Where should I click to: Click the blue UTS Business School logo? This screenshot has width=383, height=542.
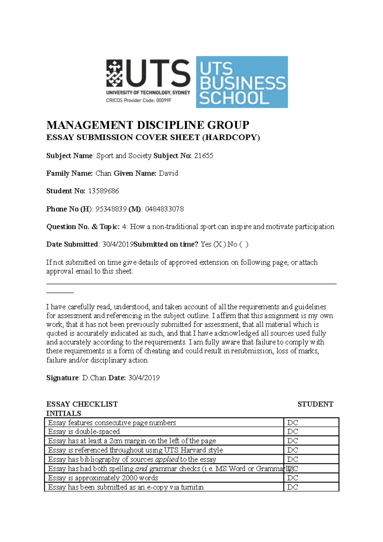tap(242, 82)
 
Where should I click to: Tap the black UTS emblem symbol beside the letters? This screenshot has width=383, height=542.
tap(114, 73)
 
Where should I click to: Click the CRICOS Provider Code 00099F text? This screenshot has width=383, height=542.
tap(139, 100)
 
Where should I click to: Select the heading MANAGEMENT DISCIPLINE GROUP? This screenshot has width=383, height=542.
tap(147, 125)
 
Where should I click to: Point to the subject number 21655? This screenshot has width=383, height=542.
tap(204, 156)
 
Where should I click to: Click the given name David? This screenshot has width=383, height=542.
tap(168, 173)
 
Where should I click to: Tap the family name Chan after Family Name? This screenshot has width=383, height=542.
tap(103, 173)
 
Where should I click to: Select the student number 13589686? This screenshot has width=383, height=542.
tap(103, 191)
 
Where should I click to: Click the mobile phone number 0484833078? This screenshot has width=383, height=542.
tap(164, 209)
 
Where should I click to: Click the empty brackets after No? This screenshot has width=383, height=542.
tap(244, 245)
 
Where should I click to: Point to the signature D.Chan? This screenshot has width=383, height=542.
tap(94, 378)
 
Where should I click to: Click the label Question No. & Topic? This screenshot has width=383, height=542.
tap(83, 227)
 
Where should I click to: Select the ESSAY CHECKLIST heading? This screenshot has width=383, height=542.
tap(82, 404)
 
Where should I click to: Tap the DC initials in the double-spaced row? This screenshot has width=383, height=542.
tap(292, 432)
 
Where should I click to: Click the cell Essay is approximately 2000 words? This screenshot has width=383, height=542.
tap(103, 478)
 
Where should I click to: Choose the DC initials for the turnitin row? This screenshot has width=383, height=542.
tap(292, 487)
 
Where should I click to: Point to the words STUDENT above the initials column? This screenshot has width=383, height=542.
tap(315, 404)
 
